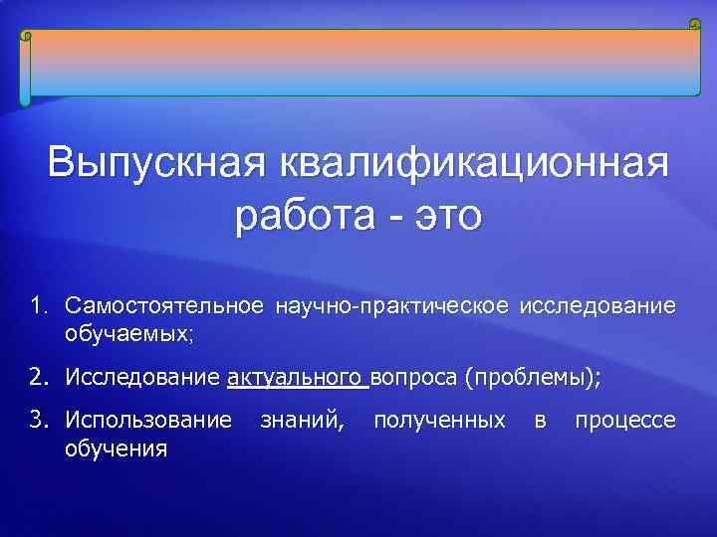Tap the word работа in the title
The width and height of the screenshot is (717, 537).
pyautogui.click(x=300, y=214)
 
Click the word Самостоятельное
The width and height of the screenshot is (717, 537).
pyautogui.click(x=164, y=304)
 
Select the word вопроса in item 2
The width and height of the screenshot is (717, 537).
pyautogui.click(x=414, y=378)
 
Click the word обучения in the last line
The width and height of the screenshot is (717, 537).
pyautogui.click(x=116, y=450)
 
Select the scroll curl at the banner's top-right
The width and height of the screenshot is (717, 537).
pyautogui.click(x=694, y=24)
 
